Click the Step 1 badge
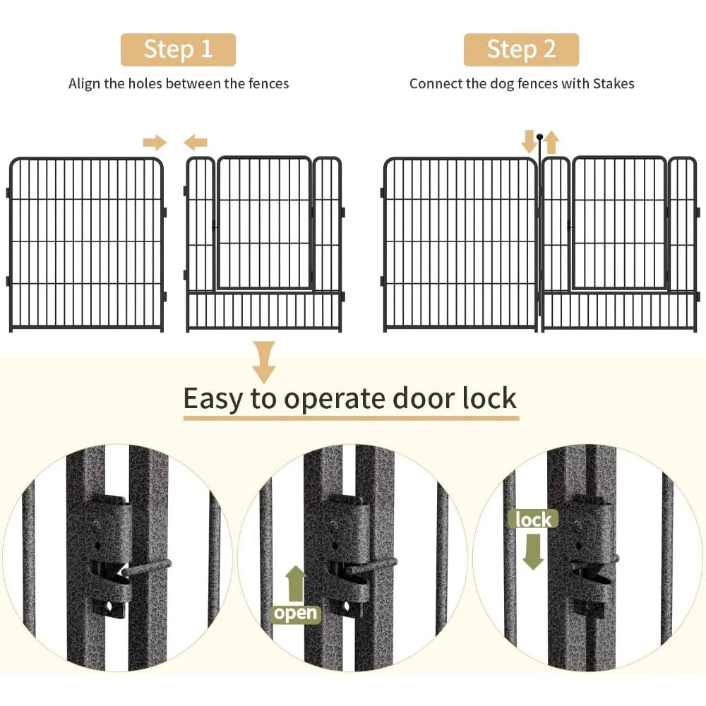[x=178, y=49]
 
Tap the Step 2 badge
[x=521, y=49]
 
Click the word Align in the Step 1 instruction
[x=85, y=83]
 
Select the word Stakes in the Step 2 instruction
[x=614, y=83]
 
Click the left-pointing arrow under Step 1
[x=196, y=143]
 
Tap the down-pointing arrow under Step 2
[x=529, y=141]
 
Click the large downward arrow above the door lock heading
[x=265, y=361]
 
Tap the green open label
[x=296, y=614]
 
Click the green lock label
[x=533, y=520]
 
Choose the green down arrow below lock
[x=533, y=551]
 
